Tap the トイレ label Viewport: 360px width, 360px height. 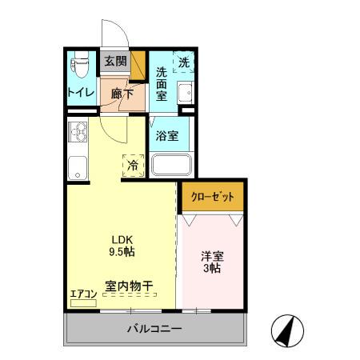pyautogui.click(x=81, y=92)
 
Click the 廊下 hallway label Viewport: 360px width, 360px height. pyautogui.click(x=122, y=92)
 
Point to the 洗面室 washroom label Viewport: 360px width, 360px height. pyautogui.click(x=162, y=83)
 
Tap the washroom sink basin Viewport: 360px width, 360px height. pyautogui.click(x=186, y=91)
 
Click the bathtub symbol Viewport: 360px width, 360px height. pyautogui.click(x=170, y=166)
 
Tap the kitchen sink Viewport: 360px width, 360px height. pyautogui.click(x=78, y=167)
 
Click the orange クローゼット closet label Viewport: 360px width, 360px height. pyautogui.click(x=211, y=197)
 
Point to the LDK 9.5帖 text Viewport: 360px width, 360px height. pyautogui.click(x=121, y=245)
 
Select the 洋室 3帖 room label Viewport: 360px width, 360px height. pyautogui.click(x=211, y=262)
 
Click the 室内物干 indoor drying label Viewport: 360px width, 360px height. pyautogui.click(x=129, y=286)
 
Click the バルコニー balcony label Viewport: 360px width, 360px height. pyautogui.click(x=154, y=329)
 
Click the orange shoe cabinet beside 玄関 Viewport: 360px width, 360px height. pyautogui.click(x=138, y=62)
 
